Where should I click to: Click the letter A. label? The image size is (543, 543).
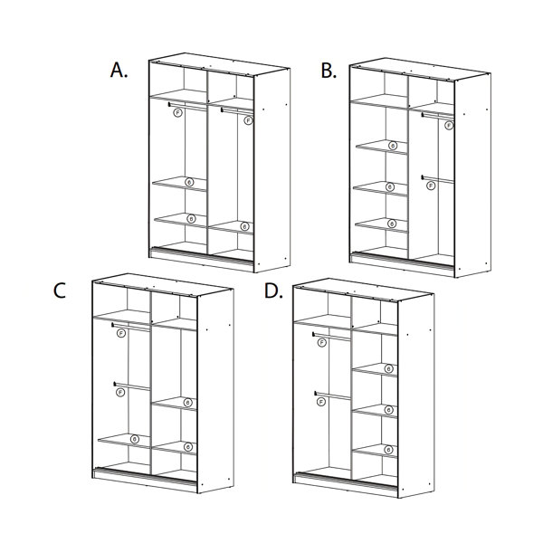(119, 70)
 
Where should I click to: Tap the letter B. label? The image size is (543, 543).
(329, 70)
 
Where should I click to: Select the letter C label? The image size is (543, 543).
(61, 290)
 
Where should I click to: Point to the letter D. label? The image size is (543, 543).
(271, 291)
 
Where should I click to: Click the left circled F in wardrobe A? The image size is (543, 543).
(177, 112)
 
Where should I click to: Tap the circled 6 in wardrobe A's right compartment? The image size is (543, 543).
(245, 225)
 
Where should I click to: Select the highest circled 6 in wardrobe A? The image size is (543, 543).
(189, 182)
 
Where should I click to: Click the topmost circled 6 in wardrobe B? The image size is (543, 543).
(392, 145)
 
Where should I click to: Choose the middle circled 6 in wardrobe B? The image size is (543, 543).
(390, 187)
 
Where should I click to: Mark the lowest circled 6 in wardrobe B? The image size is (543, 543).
(391, 224)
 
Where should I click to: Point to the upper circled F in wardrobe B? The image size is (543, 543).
(449, 125)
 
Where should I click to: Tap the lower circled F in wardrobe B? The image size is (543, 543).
(430, 185)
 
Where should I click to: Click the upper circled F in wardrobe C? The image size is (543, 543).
(120, 334)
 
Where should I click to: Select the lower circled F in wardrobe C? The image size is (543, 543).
(119, 392)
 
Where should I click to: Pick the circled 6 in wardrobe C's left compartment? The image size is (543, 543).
(135, 440)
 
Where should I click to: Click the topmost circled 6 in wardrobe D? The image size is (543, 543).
(388, 368)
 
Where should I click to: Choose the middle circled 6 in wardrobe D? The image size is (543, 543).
(388, 410)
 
